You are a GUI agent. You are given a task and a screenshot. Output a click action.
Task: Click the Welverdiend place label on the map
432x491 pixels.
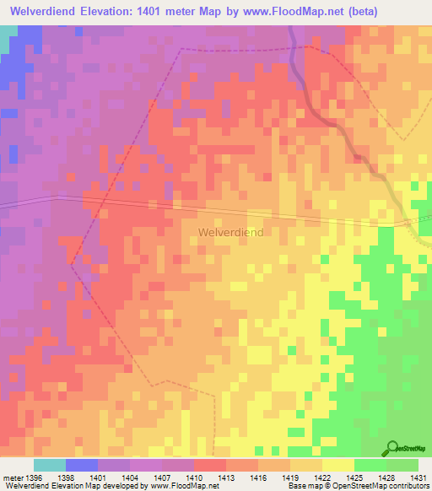230,232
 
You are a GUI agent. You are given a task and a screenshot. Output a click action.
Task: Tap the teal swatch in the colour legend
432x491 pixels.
49,465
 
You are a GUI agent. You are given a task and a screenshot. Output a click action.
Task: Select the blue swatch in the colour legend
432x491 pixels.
81,465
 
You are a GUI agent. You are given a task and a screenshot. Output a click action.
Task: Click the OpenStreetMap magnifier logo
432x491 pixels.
392,449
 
